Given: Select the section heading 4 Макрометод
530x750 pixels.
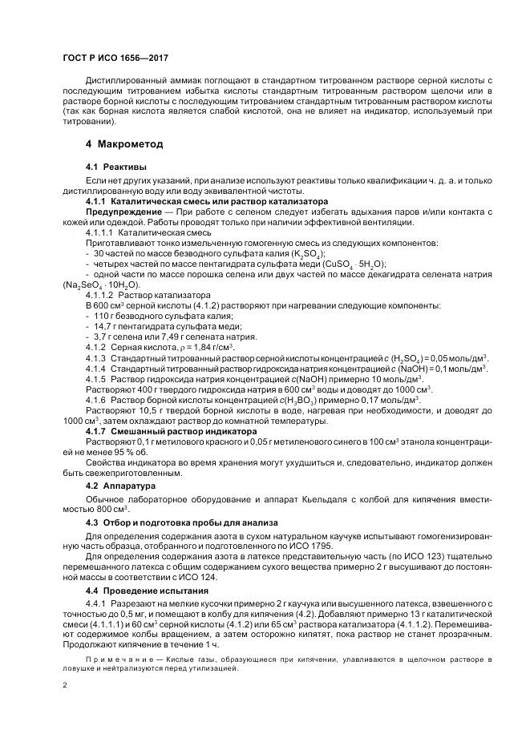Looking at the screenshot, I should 124,145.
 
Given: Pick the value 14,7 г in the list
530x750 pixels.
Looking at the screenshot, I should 106,326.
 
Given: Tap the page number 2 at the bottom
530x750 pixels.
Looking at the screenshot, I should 64,686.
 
